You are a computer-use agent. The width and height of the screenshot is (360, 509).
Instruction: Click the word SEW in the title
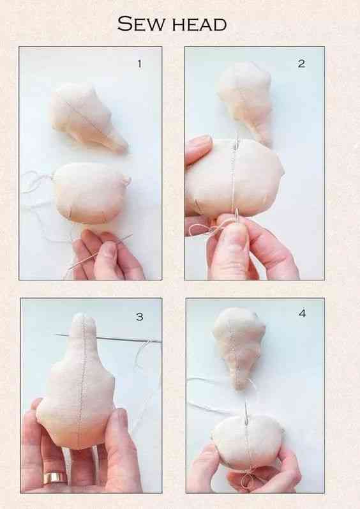141,24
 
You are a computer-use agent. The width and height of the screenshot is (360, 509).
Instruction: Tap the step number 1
140,64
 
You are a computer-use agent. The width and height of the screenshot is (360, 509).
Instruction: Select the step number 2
302,63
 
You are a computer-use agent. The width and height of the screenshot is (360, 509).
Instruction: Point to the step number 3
140,317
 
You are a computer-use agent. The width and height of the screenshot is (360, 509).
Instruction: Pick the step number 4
303,314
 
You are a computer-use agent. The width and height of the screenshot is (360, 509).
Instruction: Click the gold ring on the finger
55,478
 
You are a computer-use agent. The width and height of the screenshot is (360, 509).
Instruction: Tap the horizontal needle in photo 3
108,338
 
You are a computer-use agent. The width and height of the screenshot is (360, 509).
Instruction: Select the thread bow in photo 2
204,229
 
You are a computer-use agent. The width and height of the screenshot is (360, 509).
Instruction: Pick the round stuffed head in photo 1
91,193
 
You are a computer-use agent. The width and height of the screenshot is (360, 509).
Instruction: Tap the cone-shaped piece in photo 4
239,347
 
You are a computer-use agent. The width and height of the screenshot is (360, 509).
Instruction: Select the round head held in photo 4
247,442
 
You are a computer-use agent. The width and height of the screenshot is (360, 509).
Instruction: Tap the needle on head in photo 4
246,413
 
